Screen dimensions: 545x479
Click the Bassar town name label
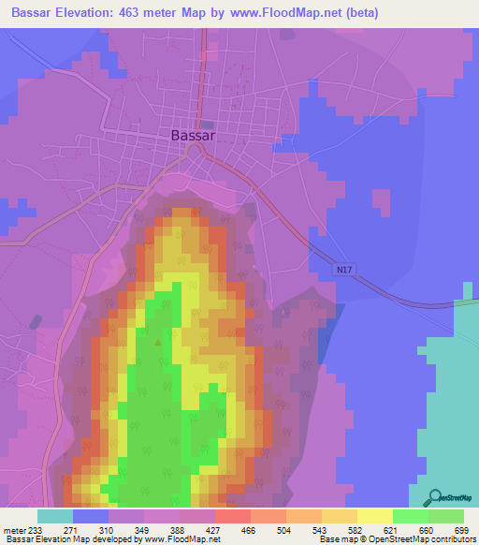click(x=194, y=135)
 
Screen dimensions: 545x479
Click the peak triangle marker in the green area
click(x=157, y=342)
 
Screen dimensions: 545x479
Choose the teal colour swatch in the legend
click(x=55, y=516)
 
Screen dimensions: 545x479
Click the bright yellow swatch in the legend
click(x=374, y=516)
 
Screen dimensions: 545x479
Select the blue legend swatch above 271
click(x=91, y=516)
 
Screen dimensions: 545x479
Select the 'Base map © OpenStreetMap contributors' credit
click(x=397, y=539)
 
